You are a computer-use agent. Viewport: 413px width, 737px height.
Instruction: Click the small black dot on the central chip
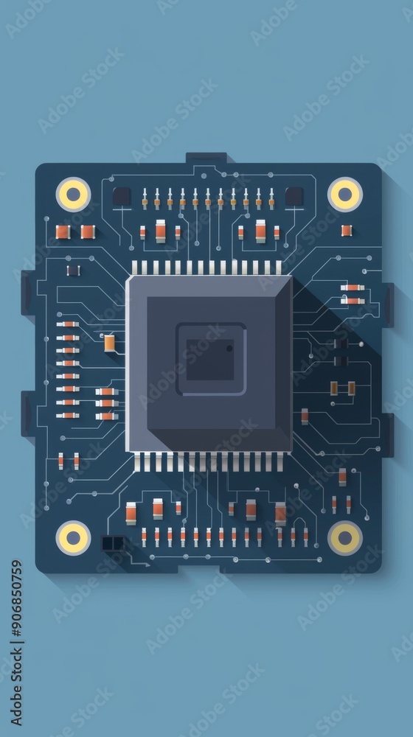[229, 349]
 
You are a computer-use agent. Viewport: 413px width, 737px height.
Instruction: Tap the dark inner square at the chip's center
[209, 360]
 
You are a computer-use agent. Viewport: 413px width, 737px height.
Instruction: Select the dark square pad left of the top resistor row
[122, 196]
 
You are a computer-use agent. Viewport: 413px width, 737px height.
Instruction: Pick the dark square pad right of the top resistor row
[294, 196]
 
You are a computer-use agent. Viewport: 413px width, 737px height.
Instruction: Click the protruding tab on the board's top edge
[206, 158]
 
